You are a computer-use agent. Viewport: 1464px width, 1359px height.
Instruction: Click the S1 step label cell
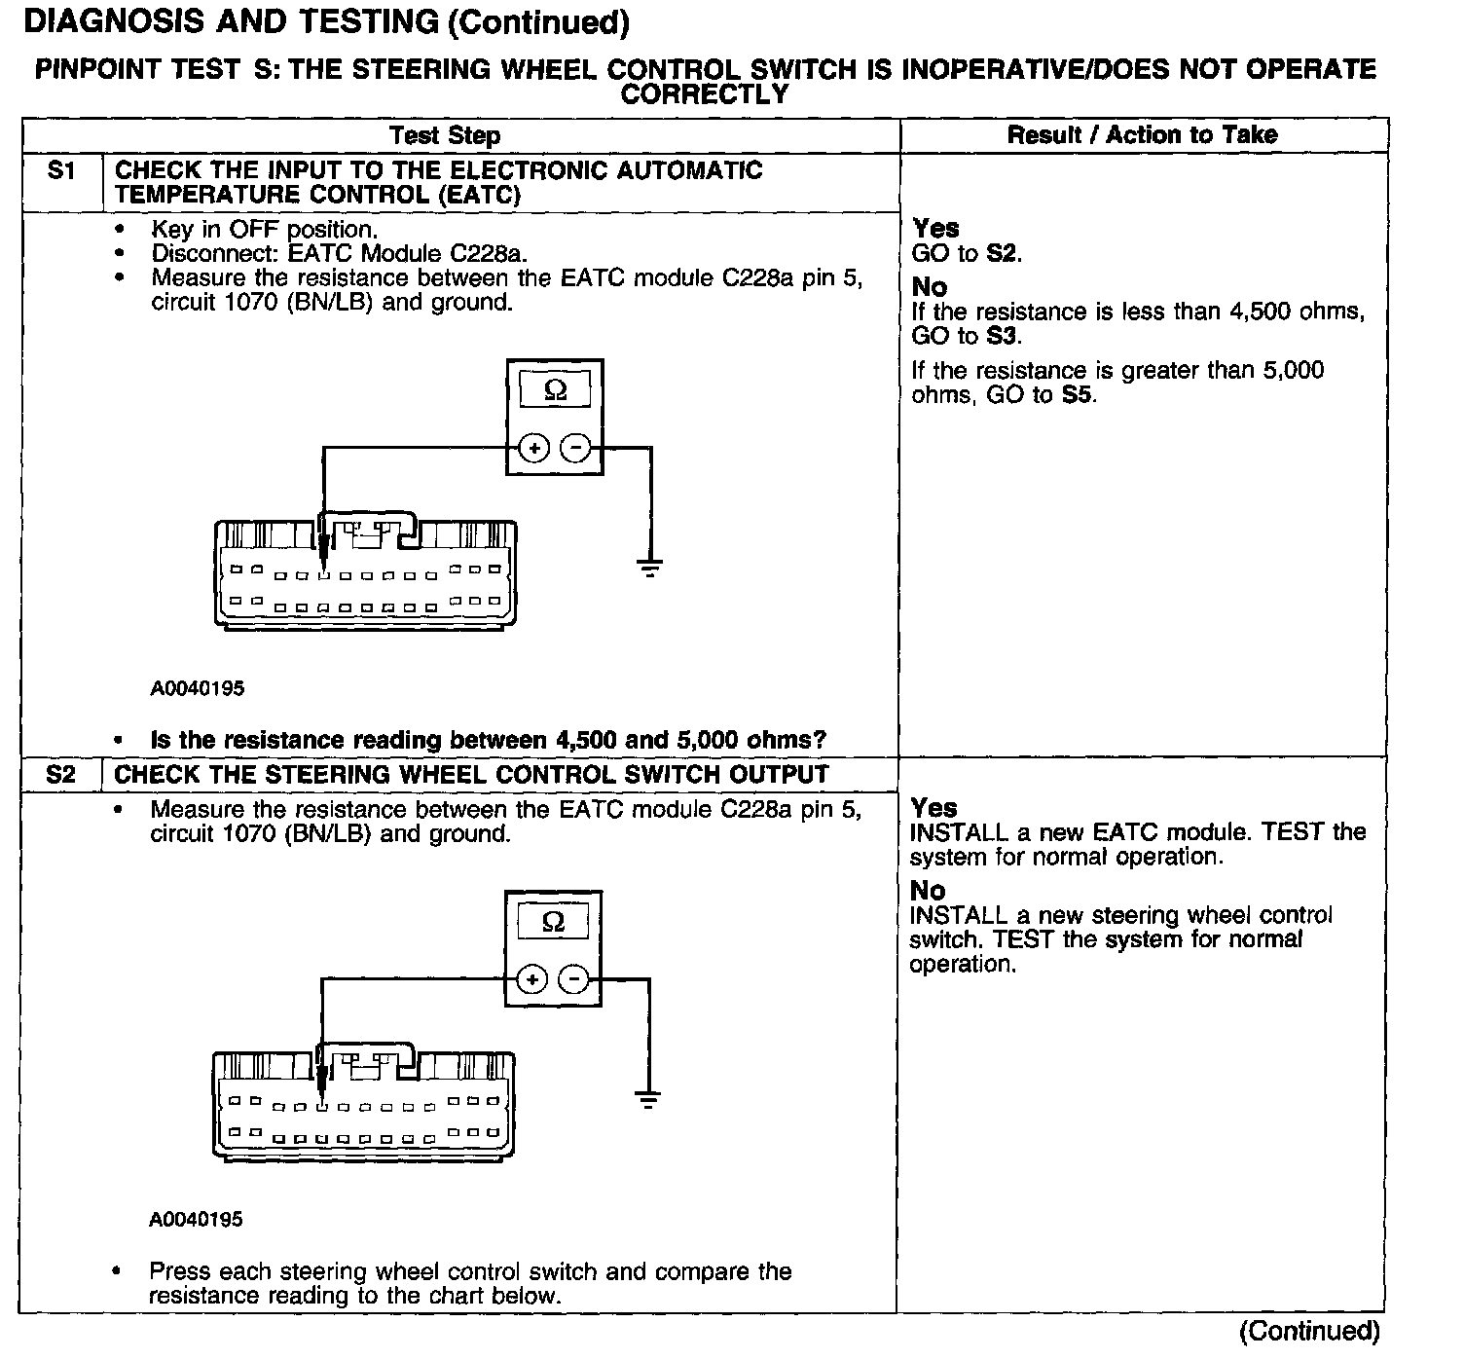61,171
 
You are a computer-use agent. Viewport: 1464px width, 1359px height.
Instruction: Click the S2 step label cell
60,775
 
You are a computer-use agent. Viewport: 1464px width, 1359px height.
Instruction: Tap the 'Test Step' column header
445,135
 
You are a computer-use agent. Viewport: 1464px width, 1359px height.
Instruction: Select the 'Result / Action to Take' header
1142,134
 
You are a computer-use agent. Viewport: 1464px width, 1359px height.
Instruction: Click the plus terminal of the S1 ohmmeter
533,448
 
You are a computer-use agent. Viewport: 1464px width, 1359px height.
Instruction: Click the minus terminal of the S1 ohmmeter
576,448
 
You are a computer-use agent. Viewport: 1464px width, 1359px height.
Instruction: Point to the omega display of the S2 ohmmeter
553,921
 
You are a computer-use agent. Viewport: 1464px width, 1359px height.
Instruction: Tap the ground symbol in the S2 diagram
648,1099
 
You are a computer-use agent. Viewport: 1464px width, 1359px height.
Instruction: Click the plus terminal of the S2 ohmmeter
531,978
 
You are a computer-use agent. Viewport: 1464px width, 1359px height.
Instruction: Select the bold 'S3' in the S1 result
1003,336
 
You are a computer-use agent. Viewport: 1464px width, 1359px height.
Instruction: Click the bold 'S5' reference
1077,395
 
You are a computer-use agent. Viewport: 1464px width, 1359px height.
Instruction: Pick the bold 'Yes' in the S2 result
933,808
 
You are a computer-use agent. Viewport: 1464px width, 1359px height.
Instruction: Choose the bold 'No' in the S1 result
930,287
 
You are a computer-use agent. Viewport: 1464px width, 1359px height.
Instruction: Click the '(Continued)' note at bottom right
1309,1331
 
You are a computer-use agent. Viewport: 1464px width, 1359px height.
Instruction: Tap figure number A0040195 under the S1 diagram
198,688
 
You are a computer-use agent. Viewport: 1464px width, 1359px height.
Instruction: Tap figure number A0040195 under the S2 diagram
196,1219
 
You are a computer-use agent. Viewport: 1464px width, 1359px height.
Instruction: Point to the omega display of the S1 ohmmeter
555,390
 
